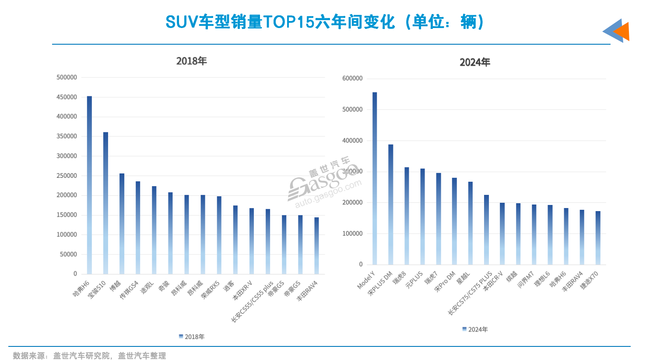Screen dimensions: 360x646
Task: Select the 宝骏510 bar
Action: [x=105, y=203]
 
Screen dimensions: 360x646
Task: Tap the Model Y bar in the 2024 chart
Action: [x=375, y=178]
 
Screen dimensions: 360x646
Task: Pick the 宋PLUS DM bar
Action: [x=390, y=205]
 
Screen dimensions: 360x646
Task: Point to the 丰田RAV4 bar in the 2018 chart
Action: [x=316, y=245]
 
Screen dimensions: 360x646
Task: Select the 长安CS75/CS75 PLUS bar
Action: [x=486, y=229]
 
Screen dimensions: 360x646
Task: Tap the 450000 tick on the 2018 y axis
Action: [x=67, y=97]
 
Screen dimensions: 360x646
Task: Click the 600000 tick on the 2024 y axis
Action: [x=352, y=78]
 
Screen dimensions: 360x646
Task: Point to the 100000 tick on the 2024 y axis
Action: [x=352, y=233]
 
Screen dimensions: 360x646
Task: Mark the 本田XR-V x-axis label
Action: [x=242, y=290]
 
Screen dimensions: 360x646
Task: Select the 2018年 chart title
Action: [x=191, y=61]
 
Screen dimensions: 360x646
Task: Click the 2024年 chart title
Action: [x=475, y=62]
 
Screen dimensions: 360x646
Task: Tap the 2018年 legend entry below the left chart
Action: [x=192, y=336]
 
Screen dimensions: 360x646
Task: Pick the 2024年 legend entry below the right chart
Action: [x=475, y=329]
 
